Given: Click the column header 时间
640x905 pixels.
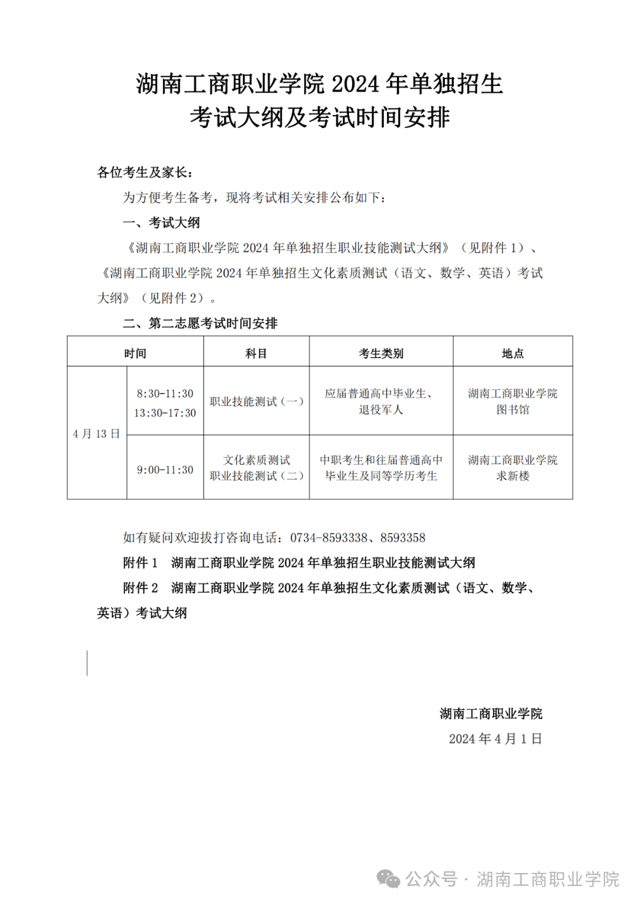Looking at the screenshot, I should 135,353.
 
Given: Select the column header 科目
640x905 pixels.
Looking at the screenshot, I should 256,353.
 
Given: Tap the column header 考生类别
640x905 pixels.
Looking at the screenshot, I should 381,353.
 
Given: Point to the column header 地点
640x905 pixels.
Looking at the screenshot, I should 513,353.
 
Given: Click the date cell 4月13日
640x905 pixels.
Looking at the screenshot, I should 97,434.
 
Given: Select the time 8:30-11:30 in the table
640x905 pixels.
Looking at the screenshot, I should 165,394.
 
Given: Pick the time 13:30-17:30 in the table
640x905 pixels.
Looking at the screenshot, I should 165,413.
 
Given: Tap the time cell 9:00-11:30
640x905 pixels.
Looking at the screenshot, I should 165,470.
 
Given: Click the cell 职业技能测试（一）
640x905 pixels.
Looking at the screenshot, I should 256,402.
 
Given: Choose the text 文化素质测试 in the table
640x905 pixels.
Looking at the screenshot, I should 256,460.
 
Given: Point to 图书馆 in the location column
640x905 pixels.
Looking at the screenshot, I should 513,410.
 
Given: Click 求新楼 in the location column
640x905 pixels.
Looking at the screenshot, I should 513,476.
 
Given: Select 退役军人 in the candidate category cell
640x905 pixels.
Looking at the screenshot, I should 381,410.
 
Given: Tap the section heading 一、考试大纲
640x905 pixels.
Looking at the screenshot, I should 161,223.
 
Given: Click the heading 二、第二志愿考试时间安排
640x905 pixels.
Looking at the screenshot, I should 200,323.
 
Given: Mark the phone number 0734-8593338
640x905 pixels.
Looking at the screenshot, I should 328,538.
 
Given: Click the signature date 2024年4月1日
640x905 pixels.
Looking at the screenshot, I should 495,739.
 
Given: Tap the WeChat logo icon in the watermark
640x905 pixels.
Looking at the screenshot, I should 389,879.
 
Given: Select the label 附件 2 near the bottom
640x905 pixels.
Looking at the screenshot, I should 140,588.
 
